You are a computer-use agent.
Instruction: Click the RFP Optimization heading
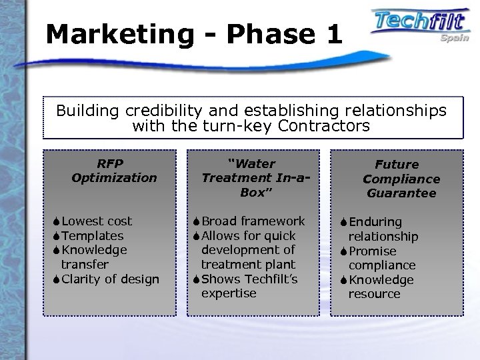(114, 171)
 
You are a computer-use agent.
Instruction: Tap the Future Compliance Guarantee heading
(401, 179)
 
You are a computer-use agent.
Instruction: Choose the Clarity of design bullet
(111, 279)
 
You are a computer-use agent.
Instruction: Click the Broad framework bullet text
(253, 221)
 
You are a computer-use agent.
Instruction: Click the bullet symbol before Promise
(343, 251)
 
